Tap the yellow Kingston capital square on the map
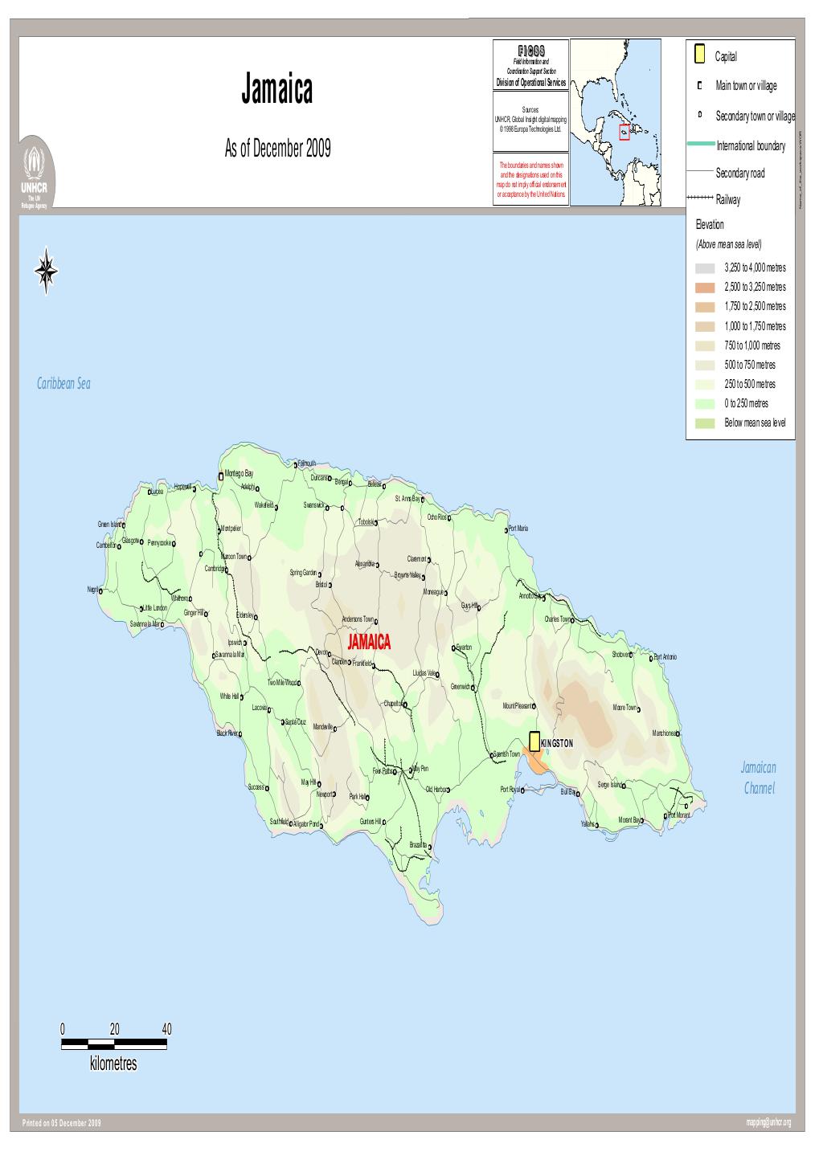534,741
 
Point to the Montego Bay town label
239,474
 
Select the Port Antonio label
671,657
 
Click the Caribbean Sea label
63,384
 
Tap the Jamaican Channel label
759,778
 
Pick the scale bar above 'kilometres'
114,1044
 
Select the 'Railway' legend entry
728,200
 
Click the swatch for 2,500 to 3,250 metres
705,288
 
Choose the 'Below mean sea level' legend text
755,423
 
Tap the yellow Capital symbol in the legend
700,55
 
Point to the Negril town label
93,589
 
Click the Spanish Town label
506,754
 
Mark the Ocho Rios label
437,517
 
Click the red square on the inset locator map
624,133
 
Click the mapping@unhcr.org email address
768,1122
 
